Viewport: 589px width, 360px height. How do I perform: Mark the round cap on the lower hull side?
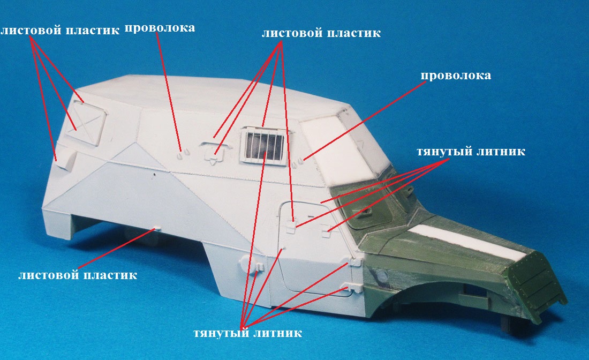[247, 262]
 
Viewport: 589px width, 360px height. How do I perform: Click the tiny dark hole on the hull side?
[154, 174]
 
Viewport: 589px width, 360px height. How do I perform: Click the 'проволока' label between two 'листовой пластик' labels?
[160, 28]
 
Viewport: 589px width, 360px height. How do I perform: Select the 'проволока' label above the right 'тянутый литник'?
[456, 76]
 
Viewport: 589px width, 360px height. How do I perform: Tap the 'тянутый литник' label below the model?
[247, 333]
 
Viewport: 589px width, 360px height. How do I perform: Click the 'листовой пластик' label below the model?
[78, 275]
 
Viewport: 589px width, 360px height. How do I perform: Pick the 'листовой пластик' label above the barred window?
[321, 33]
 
